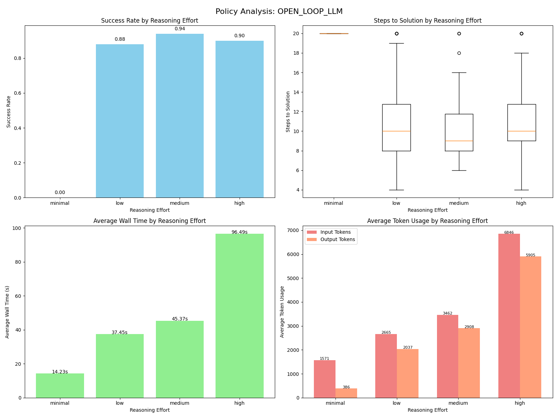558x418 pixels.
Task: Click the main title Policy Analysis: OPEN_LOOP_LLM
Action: [279, 11]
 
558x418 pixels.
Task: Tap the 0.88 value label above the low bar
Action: [120, 39]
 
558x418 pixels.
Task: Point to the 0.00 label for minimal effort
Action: [60, 193]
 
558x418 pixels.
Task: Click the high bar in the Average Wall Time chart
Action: [240, 316]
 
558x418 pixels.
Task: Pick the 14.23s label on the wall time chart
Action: [60, 372]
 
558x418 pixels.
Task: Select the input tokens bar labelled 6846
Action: [509, 316]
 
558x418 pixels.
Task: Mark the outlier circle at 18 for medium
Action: [459, 53]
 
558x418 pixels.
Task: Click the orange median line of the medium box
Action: [459, 141]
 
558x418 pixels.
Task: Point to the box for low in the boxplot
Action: [396, 127]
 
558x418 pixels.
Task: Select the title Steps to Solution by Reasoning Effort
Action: [428, 21]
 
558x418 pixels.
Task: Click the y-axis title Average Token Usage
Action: [282, 312]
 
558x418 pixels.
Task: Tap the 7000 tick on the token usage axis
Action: [295, 230]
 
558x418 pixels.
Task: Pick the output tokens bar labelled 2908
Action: [469, 363]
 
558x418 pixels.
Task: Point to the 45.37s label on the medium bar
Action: [180, 319]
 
